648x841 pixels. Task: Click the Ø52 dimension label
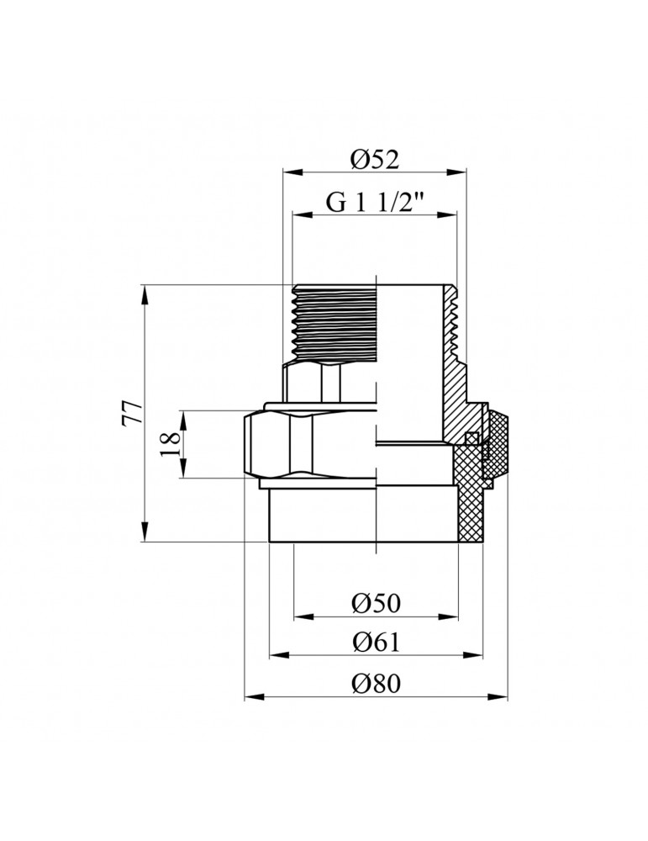pyautogui.click(x=374, y=158)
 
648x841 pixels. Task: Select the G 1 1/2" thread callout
pyautogui.click(x=374, y=203)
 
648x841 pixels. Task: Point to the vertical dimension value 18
pyautogui.click(x=169, y=443)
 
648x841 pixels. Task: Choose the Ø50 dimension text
pyautogui.click(x=376, y=603)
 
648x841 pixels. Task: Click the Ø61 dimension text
pyautogui.click(x=376, y=643)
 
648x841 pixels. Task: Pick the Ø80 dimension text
pyautogui.click(x=376, y=685)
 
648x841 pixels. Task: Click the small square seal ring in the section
pyautogui.click(x=472, y=438)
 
